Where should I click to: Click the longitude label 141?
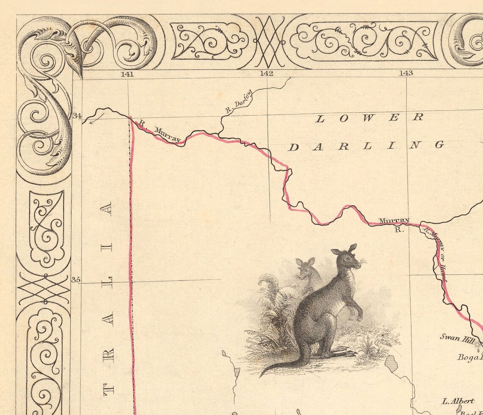(x=127, y=74)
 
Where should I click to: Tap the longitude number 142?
(x=266, y=73)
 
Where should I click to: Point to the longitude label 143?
(x=406, y=73)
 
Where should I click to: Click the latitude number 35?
(x=76, y=280)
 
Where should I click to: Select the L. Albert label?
(x=458, y=401)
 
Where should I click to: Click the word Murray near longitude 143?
(x=394, y=220)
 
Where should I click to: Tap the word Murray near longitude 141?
(x=167, y=134)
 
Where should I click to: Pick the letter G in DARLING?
(x=439, y=145)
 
